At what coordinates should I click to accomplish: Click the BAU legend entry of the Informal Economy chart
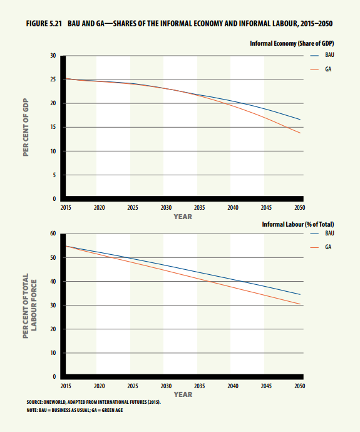(x=322, y=55)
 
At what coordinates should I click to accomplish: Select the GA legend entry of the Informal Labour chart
(x=321, y=247)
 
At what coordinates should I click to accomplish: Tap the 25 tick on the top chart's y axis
(x=53, y=80)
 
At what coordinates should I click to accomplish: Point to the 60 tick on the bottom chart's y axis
(x=53, y=234)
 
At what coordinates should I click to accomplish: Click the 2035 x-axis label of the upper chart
(x=200, y=207)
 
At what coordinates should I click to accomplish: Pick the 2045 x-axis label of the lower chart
(x=266, y=386)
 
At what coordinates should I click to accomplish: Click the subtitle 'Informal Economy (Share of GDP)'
(x=292, y=44)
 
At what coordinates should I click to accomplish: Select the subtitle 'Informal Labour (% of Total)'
(x=298, y=224)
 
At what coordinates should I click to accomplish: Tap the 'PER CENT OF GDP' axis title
(x=26, y=127)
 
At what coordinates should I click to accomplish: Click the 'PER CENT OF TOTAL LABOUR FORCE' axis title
(x=29, y=306)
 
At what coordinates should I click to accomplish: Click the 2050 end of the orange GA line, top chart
(x=301, y=133)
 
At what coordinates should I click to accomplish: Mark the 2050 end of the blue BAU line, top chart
(x=301, y=120)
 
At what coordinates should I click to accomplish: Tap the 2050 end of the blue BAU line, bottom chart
(x=301, y=294)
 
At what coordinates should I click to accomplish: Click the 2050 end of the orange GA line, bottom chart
(x=301, y=304)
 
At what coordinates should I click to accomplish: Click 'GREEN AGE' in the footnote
(x=112, y=410)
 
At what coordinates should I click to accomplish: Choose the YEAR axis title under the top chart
(x=183, y=217)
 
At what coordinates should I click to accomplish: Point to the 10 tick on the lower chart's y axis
(x=53, y=353)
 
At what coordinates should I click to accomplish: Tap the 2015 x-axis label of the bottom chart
(x=66, y=386)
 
